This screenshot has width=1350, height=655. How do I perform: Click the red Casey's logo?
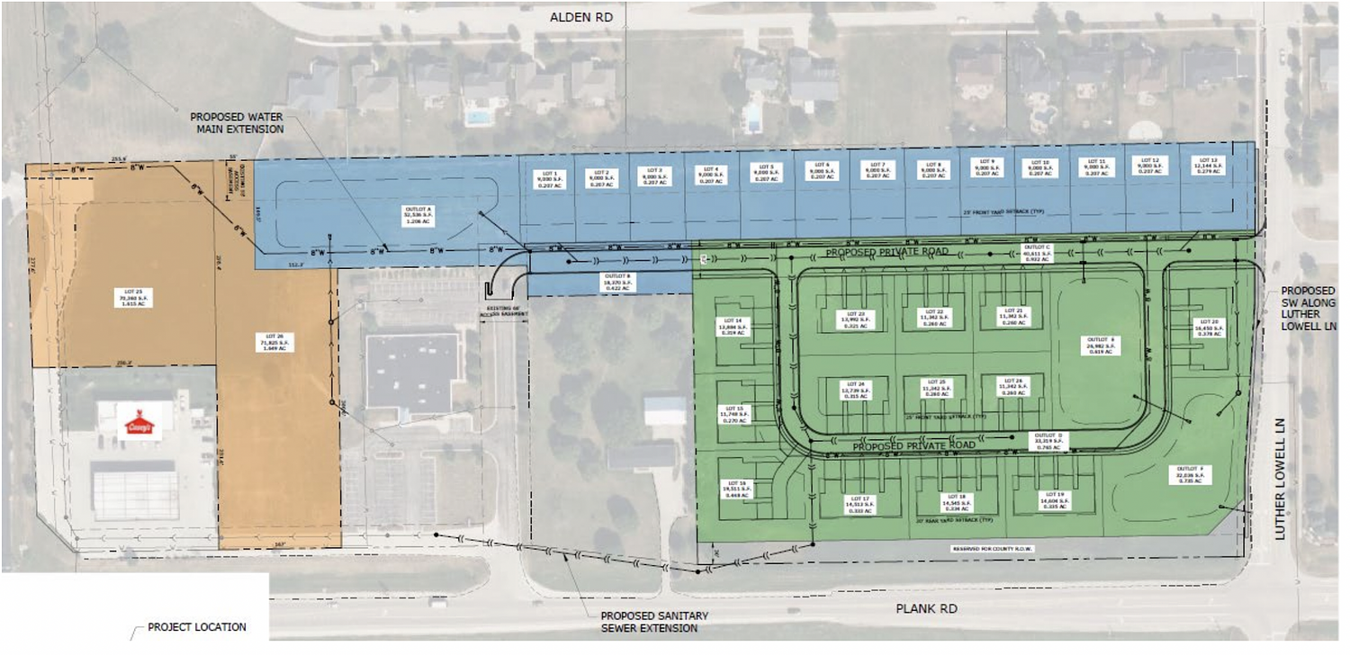click(138, 423)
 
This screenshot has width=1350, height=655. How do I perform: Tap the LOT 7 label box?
click(877, 169)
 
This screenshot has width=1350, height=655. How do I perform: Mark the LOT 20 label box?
click(1209, 327)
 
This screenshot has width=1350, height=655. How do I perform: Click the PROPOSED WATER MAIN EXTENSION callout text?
click(237, 122)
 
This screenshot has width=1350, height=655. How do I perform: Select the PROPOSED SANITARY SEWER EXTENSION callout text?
click(654, 622)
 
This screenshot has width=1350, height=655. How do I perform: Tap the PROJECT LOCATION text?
click(196, 627)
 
